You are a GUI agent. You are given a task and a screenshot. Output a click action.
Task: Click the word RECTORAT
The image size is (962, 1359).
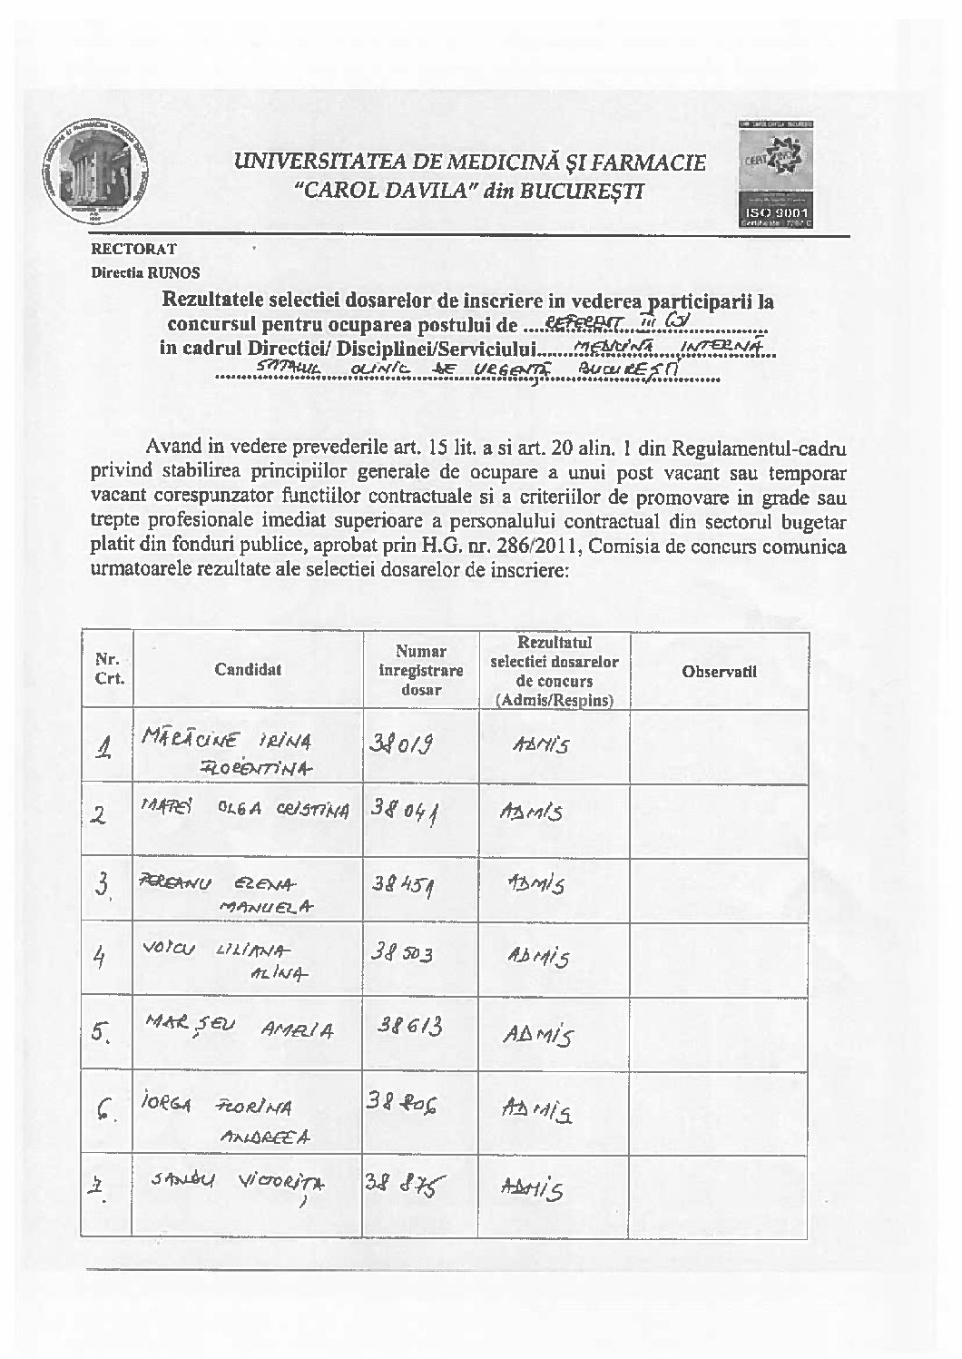pos(133,248)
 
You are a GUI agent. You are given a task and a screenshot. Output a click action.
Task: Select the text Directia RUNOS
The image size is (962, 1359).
pos(145,271)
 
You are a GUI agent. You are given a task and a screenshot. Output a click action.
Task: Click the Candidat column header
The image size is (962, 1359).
pos(248,670)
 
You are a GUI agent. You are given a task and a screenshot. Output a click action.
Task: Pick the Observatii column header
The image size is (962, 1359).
pos(719,672)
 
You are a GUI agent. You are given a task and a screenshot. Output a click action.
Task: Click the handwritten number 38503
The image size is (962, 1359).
pos(401,955)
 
